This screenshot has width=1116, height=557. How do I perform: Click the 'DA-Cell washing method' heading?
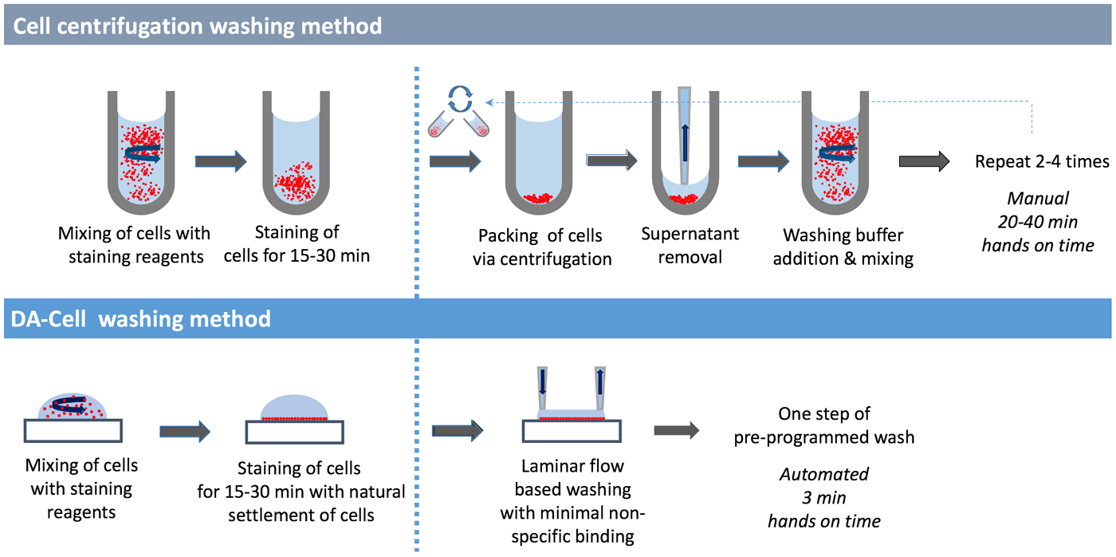[141, 319]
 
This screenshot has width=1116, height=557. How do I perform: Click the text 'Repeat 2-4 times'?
[1042, 162]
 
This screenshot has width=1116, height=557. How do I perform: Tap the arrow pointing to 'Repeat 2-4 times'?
[924, 162]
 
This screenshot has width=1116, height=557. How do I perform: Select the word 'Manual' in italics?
[1037, 197]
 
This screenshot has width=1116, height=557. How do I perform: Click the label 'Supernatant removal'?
[690, 246]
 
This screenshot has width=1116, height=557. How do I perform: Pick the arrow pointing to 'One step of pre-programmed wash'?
[676, 431]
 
